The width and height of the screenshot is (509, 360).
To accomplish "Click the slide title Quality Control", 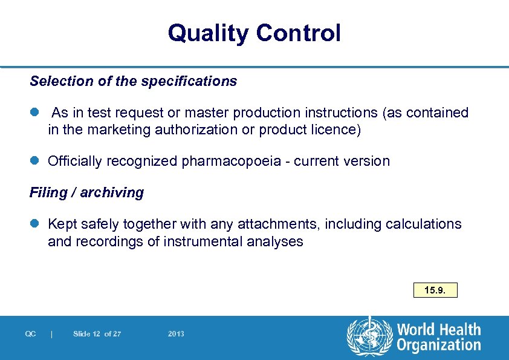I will pos(254,33).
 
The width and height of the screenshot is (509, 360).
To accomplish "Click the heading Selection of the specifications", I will pos(133,81).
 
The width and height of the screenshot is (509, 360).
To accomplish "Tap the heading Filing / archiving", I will pos(86,192).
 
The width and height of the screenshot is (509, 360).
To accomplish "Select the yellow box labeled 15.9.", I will pos(435,290).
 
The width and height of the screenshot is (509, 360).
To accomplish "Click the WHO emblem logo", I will pos(369,338).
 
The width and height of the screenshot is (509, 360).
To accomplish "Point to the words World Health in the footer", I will pos(439,330).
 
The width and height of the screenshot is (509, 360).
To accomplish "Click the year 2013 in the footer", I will pos(177,334).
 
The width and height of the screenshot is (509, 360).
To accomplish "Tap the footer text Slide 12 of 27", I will pos(97,334).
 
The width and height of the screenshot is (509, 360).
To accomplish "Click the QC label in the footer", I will pos(31,334).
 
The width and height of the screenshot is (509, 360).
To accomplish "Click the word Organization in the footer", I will pos(439,345).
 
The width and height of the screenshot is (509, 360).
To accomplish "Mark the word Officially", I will pos(75,162).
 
